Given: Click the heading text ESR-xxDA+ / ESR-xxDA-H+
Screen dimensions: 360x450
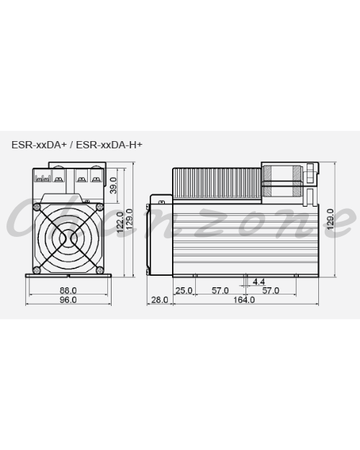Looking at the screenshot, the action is point(76,145).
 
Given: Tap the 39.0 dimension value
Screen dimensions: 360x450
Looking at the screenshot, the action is point(114,185).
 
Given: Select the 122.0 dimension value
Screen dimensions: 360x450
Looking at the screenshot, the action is point(120,222).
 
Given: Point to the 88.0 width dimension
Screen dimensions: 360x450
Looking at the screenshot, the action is point(68,290).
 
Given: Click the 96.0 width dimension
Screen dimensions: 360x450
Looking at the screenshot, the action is point(68,300).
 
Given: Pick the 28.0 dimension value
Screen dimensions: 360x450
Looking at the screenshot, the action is point(160,300).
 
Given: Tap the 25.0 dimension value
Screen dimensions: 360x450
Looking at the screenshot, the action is point(184,290).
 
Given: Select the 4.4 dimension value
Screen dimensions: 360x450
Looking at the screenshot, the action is point(258,282).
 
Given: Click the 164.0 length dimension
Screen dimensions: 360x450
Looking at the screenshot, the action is point(244,300).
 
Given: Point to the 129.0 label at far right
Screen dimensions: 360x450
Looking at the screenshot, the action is point(330,219).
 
